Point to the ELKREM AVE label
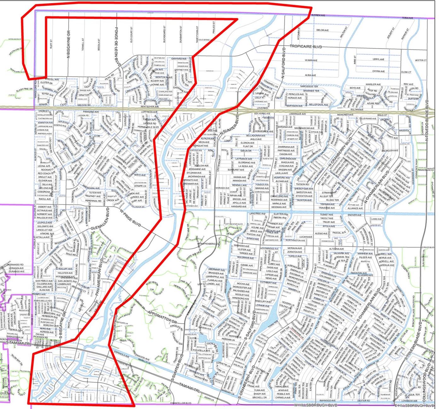[318, 15]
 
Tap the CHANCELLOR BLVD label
[181, 403]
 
